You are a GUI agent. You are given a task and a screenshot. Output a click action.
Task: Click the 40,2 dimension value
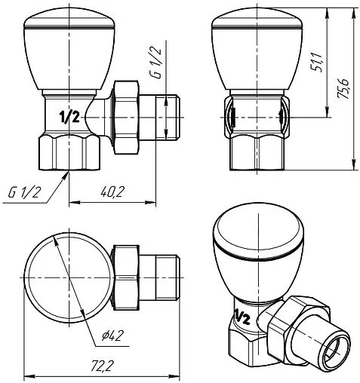point(112,193)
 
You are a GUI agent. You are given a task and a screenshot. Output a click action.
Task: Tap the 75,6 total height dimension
point(345,89)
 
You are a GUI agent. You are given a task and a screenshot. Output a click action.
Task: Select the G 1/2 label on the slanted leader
point(25,193)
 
